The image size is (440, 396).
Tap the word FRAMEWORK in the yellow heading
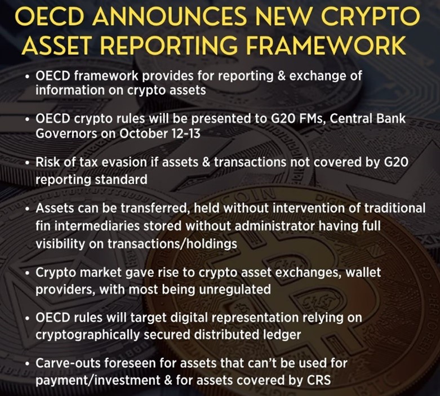tap(326, 45)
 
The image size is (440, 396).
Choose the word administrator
tap(274, 226)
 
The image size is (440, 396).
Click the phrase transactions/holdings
tap(172, 244)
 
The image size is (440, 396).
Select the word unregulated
tap(234, 290)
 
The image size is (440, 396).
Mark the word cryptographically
tap(87, 335)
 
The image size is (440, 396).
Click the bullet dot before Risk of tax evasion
tap(27, 163)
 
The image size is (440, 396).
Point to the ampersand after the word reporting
tap(281, 76)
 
